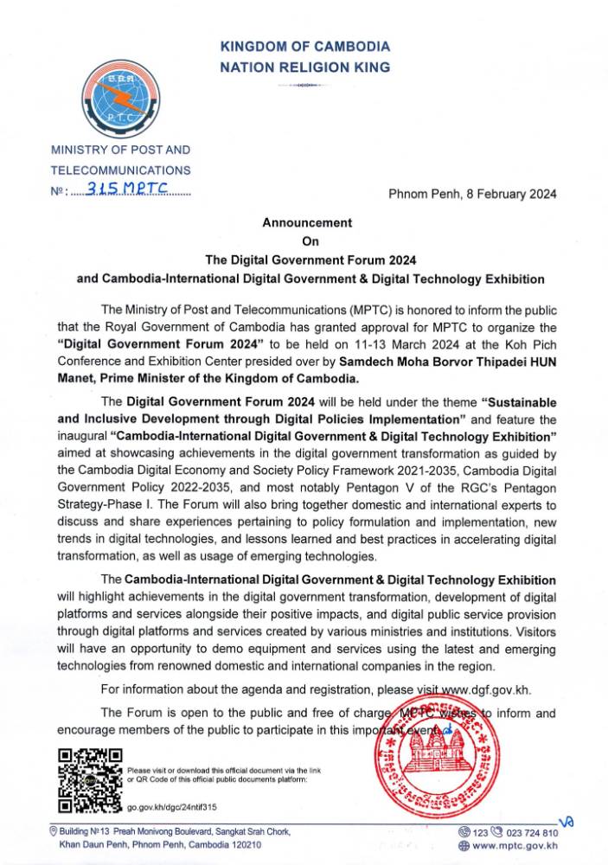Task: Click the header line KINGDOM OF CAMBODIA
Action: click(305, 47)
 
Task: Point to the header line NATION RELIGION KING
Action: click(305, 67)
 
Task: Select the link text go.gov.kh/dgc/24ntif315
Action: click(171, 807)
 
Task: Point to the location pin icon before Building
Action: click(54, 831)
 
